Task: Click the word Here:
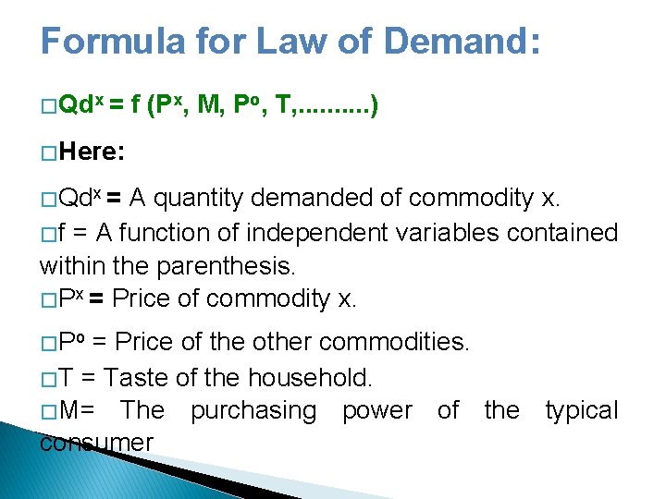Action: (92, 152)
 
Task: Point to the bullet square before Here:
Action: (47, 152)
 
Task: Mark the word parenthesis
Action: (226, 266)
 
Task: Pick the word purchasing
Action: (253, 410)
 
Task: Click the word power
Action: (376, 410)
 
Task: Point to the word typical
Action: (581, 410)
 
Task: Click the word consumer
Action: (96, 443)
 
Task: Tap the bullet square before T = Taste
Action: (47, 378)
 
